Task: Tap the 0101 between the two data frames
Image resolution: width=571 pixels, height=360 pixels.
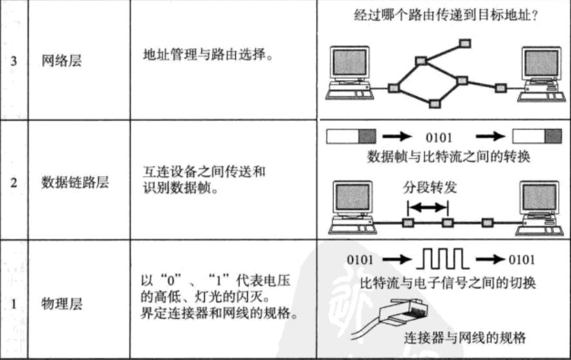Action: coord(439,137)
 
